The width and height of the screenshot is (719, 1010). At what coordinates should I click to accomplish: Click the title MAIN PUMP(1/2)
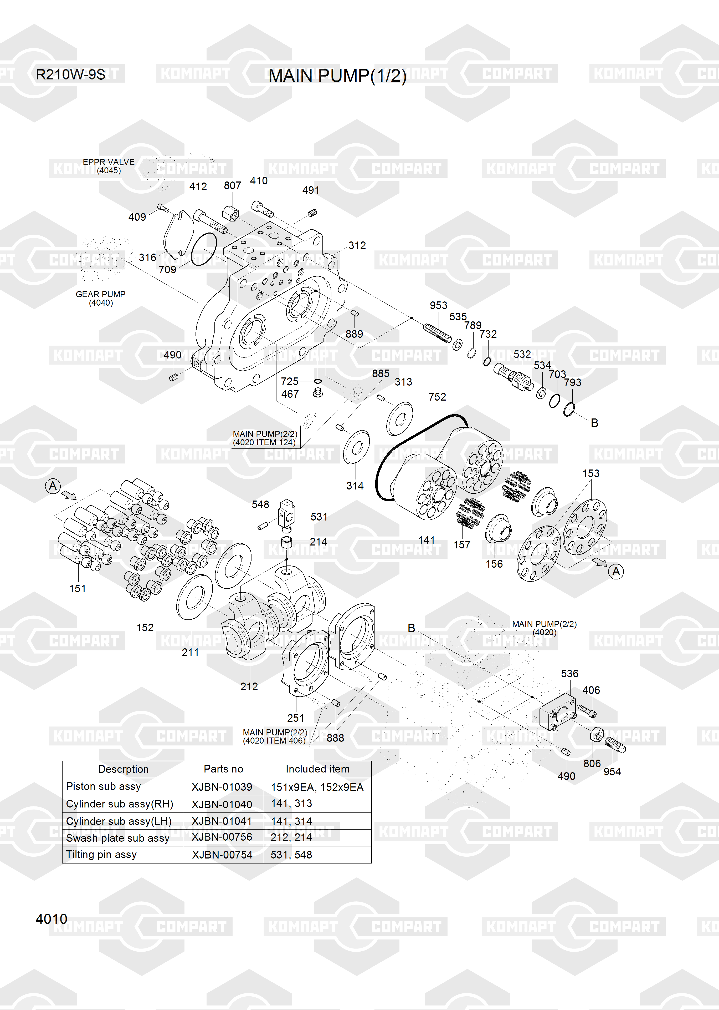[337, 76]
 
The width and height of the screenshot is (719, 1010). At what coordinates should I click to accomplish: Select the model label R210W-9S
[70, 74]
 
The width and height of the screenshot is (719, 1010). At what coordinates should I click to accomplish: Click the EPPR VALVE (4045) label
[109, 166]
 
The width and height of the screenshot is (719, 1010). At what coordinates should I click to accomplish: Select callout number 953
[438, 305]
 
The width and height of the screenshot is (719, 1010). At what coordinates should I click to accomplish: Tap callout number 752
[437, 397]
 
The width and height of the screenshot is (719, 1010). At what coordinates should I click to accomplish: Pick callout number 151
[78, 589]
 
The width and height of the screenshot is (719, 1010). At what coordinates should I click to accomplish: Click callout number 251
[295, 718]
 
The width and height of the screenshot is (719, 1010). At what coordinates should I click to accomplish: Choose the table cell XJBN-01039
[222, 787]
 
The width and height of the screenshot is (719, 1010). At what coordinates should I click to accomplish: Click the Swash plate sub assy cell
[118, 838]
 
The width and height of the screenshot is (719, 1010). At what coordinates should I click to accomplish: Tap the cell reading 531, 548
[291, 855]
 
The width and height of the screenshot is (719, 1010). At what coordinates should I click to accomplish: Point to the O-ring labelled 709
[204, 249]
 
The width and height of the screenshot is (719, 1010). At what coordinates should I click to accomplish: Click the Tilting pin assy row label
[101, 855]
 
